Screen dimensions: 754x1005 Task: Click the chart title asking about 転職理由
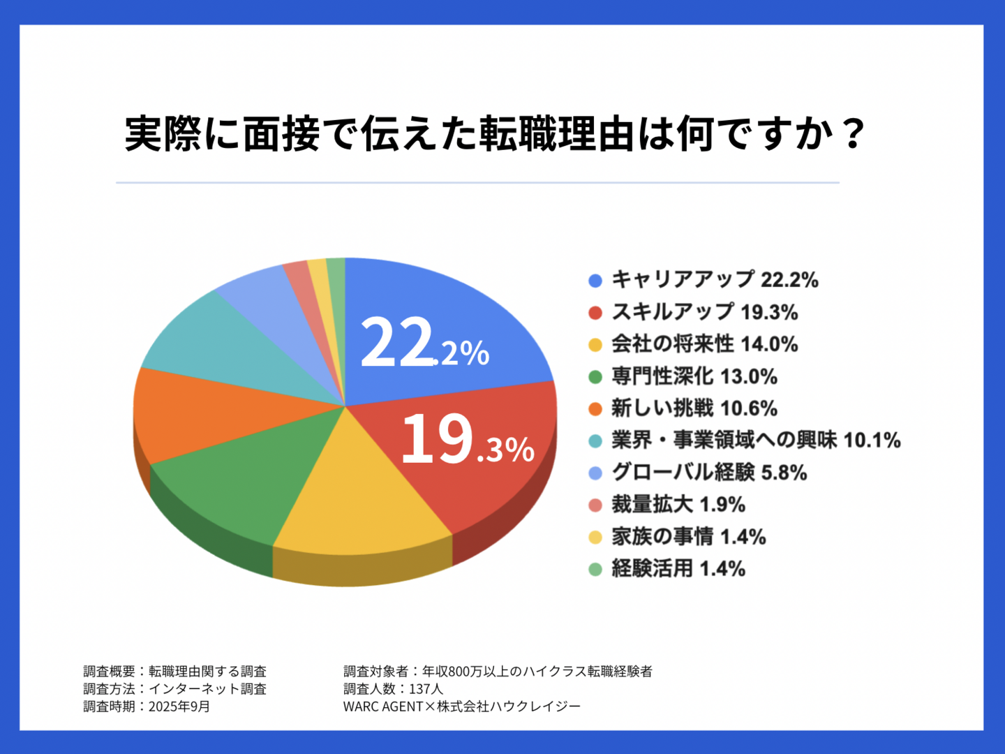pyautogui.click(x=496, y=134)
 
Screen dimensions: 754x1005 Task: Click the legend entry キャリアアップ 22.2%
pyautogui.click(x=714, y=280)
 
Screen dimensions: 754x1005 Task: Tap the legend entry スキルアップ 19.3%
pyautogui.click(x=704, y=312)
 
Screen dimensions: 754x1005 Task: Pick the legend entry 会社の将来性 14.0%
pyautogui.click(x=704, y=344)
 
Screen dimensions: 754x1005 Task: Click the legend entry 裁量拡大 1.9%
pyautogui.click(x=678, y=505)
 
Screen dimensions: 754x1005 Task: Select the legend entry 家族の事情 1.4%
pyautogui.click(x=688, y=537)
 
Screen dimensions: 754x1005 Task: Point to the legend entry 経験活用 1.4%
pyautogui.click(x=678, y=569)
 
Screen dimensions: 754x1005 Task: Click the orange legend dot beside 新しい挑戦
pyautogui.click(x=595, y=409)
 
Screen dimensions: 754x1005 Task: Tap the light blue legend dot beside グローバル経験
pyautogui.click(x=595, y=473)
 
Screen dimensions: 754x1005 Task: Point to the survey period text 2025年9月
pyautogui.click(x=179, y=707)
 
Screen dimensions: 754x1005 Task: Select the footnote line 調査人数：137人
pyautogui.click(x=393, y=689)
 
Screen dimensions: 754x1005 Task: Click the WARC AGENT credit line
pyautogui.click(x=461, y=707)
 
